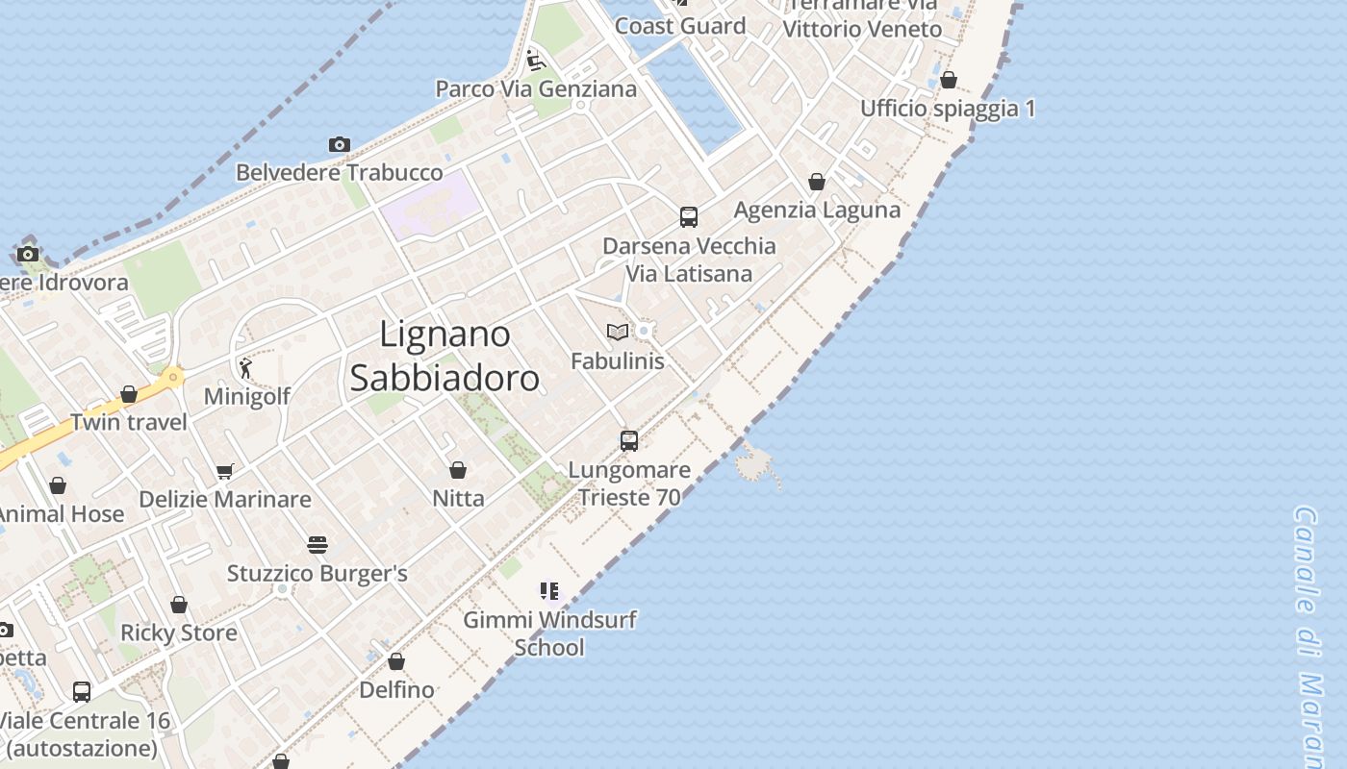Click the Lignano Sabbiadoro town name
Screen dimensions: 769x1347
coord(445,356)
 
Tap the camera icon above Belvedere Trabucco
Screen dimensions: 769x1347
coord(339,144)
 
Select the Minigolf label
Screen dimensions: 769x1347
coord(247,396)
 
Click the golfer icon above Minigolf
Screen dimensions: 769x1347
coord(245,367)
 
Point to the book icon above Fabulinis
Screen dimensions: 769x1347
coord(618,332)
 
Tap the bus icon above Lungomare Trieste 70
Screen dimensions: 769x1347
coord(629,441)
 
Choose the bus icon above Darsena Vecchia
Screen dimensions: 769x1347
coord(689,217)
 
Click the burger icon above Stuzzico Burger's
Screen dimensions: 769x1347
coord(318,545)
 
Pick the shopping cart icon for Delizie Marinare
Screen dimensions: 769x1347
coord(225,471)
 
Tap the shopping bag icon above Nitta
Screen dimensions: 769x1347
coord(458,470)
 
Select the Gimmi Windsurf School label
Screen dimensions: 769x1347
coord(549,633)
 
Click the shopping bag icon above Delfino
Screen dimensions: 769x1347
coord(396,661)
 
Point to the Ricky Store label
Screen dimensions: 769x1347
coord(179,633)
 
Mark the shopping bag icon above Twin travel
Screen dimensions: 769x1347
coord(129,394)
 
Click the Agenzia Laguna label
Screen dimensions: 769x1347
coord(817,210)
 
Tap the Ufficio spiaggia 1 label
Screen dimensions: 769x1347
coord(948,109)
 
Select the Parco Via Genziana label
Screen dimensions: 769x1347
coord(536,89)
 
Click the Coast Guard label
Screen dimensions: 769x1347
coord(680,26)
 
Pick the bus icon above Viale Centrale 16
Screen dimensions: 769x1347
coord(82,691)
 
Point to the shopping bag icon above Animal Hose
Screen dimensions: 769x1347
coord(58,485)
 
